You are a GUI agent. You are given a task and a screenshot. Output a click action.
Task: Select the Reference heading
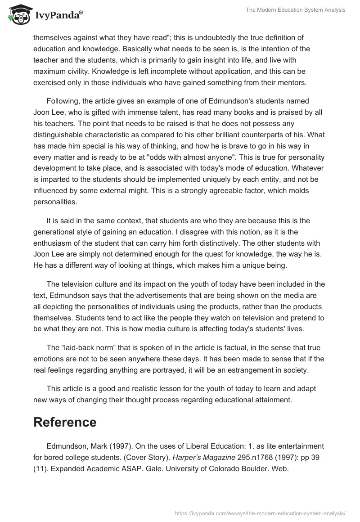[65, 422]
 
